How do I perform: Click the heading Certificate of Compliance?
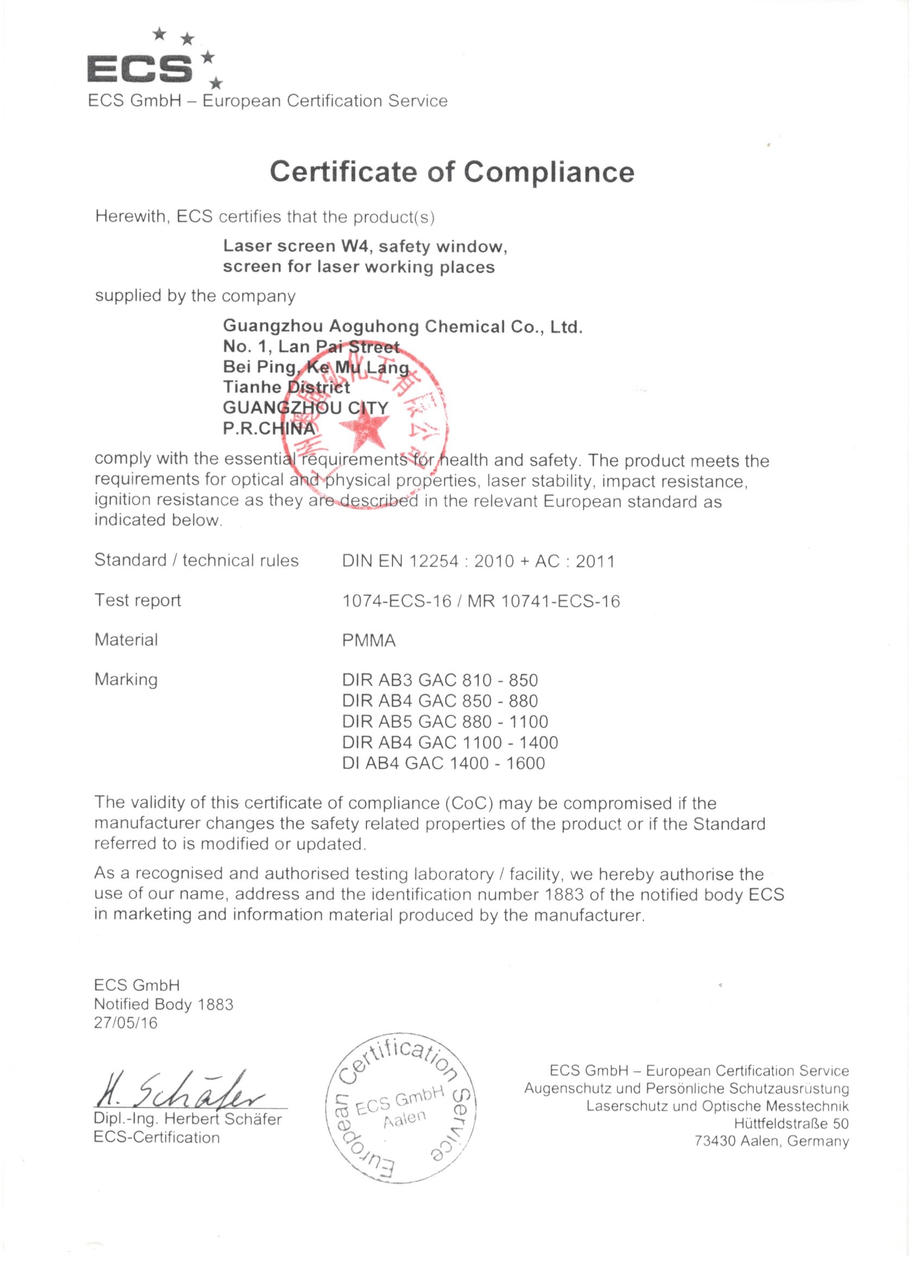tap(452, 171)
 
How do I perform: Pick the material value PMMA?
tap(369, 640)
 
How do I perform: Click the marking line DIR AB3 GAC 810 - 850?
tap(440, 680)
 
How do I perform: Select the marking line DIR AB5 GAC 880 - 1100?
tap(445, 721)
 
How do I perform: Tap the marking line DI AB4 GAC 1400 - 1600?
tap(443, 763)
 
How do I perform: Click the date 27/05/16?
tap(126, 1023)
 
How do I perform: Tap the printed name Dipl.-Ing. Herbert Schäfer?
tap(188, 1120)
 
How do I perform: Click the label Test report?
tap(138, 600)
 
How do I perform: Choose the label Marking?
tap(126, 680)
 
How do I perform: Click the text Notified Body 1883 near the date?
tap(163, 1004)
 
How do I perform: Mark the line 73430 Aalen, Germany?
tap(772, 1141)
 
